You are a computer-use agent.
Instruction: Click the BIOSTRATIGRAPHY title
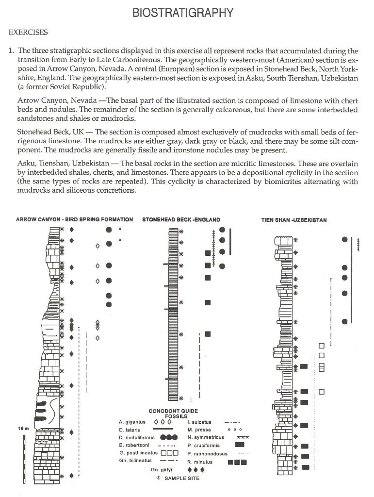[x=183, y=13]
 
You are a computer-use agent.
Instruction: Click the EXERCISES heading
[x=28, y=33]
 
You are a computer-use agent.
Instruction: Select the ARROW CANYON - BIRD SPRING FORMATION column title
[x=74, y=220]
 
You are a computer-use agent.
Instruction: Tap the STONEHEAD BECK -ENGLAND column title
[x=181, y=220]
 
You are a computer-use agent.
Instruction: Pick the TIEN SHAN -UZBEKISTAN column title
[x=294, y=220]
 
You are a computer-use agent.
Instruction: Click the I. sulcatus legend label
[x=198, y=422]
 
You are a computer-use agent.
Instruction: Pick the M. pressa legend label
[x=197, y=430]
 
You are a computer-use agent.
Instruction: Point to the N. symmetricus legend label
[x=204, y=437]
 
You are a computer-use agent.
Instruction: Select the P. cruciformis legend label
[x=202, y=445]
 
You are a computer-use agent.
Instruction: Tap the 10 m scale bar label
[x=24, y=428]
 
